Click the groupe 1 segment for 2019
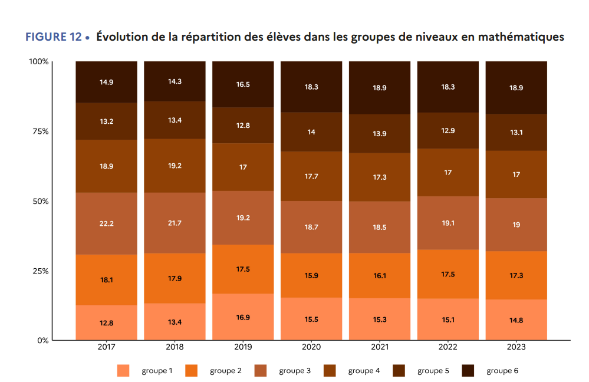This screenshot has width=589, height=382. [243, 317]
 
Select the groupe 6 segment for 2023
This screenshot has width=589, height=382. [516, 88]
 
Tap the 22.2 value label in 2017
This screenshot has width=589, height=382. [106, 223]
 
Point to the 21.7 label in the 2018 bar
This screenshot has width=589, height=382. [175, 223]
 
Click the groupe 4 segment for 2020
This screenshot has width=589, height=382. [311, 176]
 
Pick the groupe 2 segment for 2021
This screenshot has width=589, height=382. [379, 275]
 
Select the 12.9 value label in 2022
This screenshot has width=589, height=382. [447, 130]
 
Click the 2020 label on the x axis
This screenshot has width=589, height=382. [311, 348]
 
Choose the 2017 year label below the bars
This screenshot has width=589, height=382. [106, 348]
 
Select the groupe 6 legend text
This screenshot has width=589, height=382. [502, 371]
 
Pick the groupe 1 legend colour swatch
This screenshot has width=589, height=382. [123, 371]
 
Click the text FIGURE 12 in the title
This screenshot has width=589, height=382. [53, 37]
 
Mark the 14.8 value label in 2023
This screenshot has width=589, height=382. [516, 320]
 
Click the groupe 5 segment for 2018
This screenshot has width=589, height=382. [175, 120]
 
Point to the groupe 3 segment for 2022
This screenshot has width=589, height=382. [447, 223]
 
